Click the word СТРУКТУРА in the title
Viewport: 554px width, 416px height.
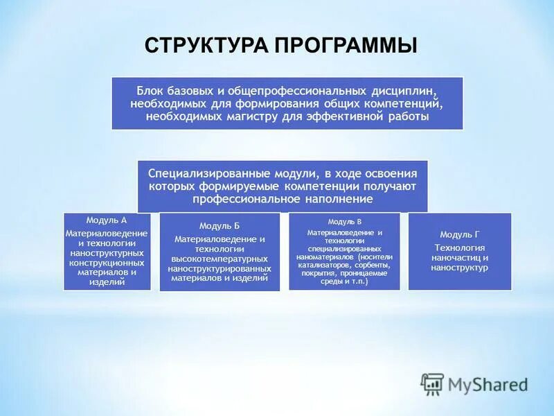point(207,46)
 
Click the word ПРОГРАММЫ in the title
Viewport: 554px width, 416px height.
point(346,46)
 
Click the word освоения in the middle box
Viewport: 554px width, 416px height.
point(393,173)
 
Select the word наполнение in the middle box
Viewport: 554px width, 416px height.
point(339,199)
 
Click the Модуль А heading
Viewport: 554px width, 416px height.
point(106,220)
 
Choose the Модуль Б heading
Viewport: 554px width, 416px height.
point(220,226)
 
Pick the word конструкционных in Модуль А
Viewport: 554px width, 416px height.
point(106,263)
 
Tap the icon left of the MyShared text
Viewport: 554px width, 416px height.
point(432,383)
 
